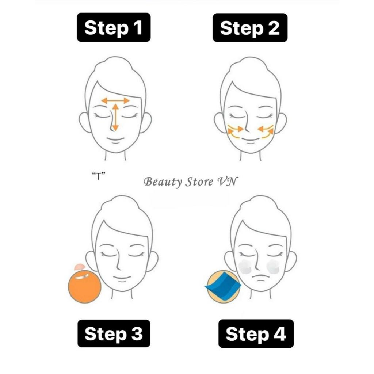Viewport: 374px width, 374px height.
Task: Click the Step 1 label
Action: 114,27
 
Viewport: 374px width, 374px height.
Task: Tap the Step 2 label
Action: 250,28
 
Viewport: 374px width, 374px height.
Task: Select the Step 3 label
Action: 114,333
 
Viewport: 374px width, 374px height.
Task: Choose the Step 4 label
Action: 256,334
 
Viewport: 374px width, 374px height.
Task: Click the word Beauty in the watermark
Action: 163,182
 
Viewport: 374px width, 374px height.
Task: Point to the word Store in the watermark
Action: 199,182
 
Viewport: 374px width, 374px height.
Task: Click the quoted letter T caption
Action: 99,176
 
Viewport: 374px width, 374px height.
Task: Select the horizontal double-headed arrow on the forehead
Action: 115,101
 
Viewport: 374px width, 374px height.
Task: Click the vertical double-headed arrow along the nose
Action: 115,117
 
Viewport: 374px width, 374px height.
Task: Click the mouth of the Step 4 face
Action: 261,278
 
